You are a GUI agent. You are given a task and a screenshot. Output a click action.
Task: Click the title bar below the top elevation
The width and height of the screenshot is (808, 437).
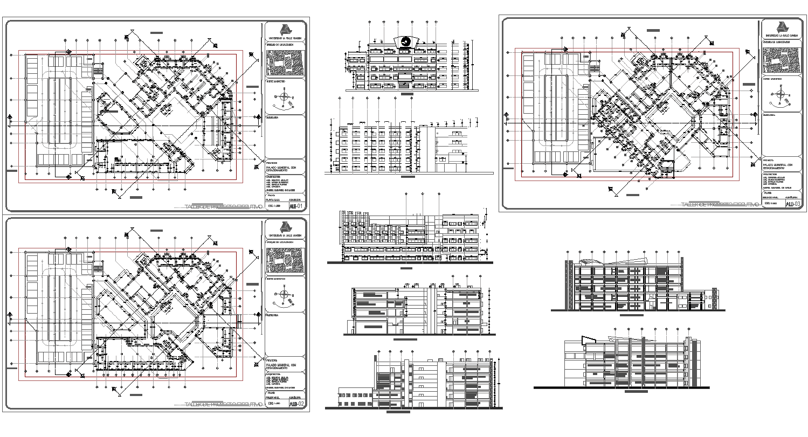point(407,94)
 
